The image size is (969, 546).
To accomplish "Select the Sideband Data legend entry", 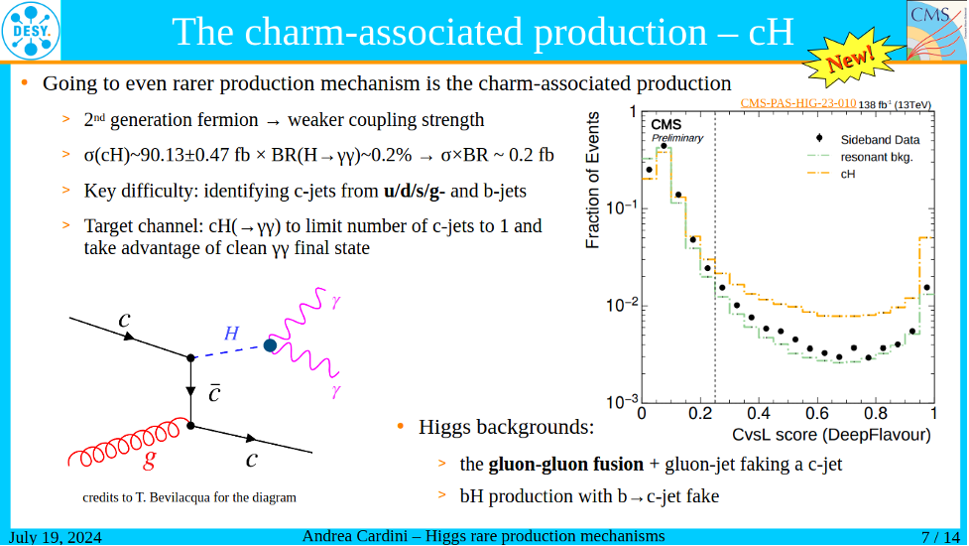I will (x=880, y=140).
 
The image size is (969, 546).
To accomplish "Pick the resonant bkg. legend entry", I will (x=876, y=157).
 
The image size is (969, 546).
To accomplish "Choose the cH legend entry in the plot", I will (x=848, y=174).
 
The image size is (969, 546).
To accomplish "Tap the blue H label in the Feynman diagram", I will (x=231, y=335).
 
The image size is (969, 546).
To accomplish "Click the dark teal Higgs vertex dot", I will (x=270, y=344).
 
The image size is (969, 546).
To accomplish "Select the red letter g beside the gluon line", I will (x=149, y=460).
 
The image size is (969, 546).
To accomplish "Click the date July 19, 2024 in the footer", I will (x=57, y=537).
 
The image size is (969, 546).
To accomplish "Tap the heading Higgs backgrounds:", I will (x=506, y=428).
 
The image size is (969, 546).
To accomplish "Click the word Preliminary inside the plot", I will (x=676, y=138).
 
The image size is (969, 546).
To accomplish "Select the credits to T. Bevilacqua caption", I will (x=188, y=497).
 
